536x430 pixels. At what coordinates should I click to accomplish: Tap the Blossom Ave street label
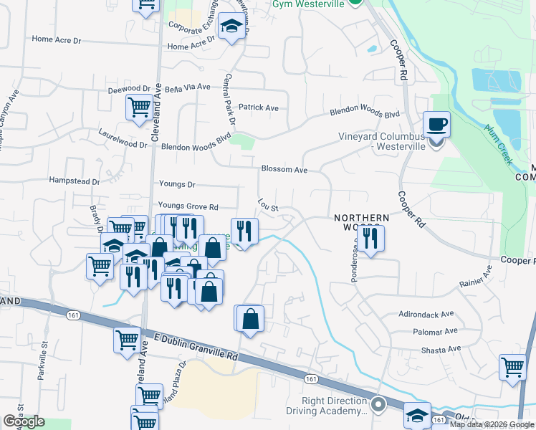[284, 170]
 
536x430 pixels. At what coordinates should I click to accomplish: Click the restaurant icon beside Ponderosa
[370, 238]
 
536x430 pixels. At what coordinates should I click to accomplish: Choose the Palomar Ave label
[435, 331]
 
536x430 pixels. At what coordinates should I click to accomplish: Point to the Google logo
[24, 421]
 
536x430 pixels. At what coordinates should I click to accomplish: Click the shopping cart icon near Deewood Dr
[139, 107]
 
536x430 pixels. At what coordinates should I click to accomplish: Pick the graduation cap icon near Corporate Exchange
[231, 27]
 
